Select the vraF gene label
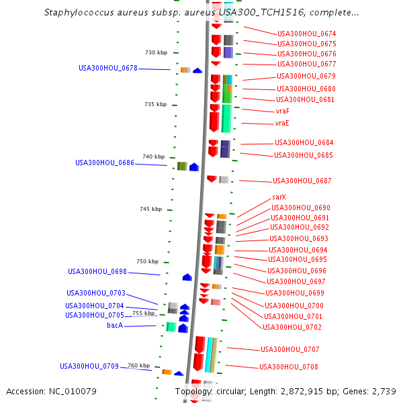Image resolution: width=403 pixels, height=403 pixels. (283, 111)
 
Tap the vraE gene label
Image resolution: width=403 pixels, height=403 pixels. (282, 124)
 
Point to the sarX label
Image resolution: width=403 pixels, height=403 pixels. (279, 197)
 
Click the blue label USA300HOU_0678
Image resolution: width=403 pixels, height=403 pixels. (108, 68)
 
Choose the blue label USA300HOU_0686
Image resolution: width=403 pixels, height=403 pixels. (105, 163)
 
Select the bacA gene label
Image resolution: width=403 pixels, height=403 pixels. (115, 325)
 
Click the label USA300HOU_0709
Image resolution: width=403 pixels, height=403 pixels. (89, 366)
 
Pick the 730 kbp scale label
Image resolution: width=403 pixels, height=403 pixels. (156, 52)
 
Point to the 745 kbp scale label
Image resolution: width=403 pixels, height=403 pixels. (151, 209)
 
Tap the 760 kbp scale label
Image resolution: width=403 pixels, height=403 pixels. (139, 365)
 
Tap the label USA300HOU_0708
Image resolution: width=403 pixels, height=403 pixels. (289, 367)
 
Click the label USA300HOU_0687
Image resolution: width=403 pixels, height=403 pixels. (302, 181)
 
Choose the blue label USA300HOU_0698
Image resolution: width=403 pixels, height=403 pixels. (97, 271)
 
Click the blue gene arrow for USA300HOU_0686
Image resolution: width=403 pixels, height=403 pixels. (194, 167)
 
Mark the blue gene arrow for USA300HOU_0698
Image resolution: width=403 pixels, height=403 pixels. (187, 277)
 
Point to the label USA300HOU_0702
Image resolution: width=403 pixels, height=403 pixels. (292, 327)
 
